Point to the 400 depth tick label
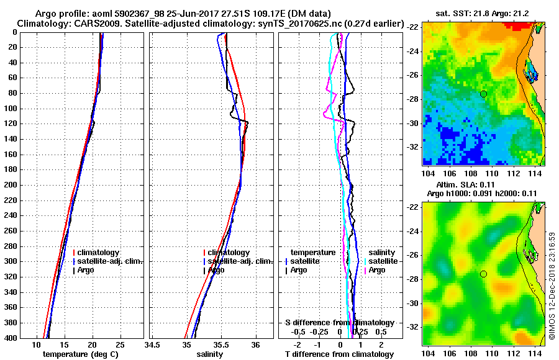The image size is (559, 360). pos(11,338)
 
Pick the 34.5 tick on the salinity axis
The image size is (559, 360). pos(153,344)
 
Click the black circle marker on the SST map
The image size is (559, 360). pos(483,94)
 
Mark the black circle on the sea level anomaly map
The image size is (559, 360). pos(483,274)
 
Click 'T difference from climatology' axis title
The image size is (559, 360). pos(339,354)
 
